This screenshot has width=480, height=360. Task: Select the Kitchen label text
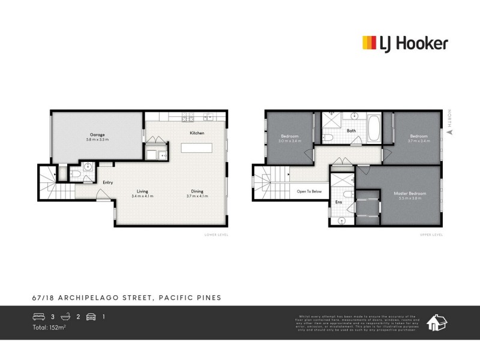click(197, 133)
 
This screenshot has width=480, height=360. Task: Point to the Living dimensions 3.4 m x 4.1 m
click(143, 196)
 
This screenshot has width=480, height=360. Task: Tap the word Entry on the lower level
click(108, 182)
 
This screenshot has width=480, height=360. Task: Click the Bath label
click(352, 131)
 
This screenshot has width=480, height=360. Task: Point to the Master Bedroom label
click(410, 193)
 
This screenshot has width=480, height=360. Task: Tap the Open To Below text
click(310, 191)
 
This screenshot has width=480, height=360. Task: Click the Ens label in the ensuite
click(338, 202)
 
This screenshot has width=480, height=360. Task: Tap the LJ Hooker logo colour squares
click(369, 43)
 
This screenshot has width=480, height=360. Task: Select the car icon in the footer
click(91, 317)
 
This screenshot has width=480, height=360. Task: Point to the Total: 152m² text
click(50, 328)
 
